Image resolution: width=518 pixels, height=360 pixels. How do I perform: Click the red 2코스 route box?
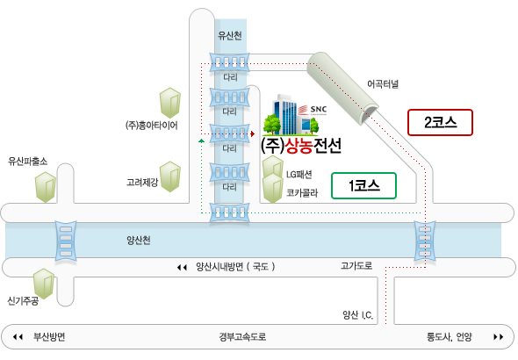click(440, 123)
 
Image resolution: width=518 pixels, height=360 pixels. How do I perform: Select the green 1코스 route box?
click(363, 185)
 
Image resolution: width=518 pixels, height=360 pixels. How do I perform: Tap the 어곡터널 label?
click(383, 84)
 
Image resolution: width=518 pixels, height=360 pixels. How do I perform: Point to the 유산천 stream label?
click(230, 35)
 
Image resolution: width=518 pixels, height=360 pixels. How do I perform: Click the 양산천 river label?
click(139, 240)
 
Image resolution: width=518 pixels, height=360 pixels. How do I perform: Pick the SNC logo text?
click(319, 109)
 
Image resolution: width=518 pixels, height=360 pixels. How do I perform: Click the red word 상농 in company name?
click(299, 146)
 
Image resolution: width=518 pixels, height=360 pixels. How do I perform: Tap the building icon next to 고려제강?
click(170, 176)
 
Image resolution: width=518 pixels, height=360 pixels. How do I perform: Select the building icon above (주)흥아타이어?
click(170, 103)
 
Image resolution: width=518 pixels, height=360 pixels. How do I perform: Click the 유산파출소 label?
click(28, 162)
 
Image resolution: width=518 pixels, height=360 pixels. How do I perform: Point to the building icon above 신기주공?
click(44, 284)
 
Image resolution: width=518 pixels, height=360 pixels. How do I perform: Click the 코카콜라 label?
click(302, 193)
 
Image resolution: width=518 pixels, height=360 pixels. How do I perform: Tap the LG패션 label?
click(299, 175)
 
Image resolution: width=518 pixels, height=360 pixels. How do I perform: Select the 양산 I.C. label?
click(358, 315)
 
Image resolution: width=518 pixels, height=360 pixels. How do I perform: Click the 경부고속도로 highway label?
click(242, 337)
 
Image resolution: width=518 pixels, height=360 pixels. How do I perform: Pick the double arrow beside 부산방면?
click(18, 337)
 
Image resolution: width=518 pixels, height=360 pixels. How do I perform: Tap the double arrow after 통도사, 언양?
click(499, 337)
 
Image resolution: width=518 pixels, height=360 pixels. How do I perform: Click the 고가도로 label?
click(356, 266)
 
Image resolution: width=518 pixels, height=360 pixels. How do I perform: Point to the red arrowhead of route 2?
click(253, 133)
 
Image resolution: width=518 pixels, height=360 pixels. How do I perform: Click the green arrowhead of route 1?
click(202, 141)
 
